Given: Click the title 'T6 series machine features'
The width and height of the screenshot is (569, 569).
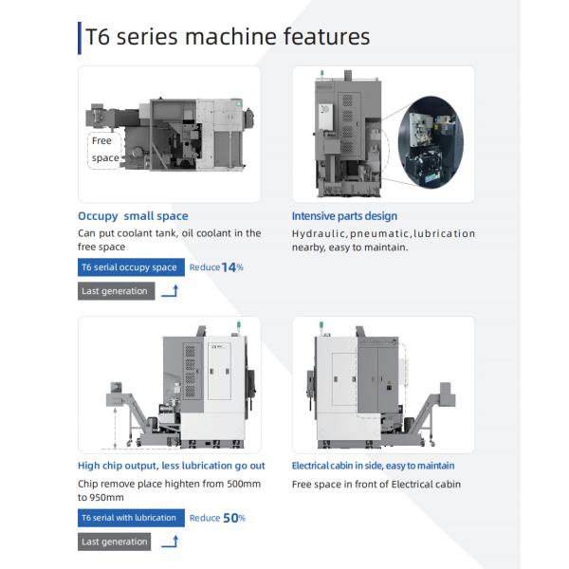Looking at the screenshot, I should point(228,37).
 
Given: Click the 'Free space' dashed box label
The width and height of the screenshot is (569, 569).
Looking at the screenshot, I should point(104,149).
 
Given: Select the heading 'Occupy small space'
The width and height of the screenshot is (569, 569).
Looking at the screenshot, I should point(133,216).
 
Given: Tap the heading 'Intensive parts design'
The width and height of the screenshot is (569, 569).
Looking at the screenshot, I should point(344,216).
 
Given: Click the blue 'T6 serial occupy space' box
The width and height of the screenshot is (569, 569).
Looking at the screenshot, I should point(130,267).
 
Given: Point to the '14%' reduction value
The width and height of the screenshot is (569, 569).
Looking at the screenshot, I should point(232,267).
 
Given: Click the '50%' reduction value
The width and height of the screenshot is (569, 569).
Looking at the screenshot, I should point(233,518).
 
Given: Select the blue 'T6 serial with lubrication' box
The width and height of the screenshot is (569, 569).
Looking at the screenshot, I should point(130,518).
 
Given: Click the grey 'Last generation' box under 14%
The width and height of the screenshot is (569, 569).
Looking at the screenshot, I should point(115,291).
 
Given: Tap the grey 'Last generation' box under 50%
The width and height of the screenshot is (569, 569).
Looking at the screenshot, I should point(115,541).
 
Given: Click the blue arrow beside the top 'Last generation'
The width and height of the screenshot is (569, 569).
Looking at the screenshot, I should point(170,291).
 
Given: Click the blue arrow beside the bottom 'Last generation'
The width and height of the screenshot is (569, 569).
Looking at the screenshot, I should point(170,541).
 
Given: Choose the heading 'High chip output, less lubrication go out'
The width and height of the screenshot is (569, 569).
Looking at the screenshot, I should point(172,466).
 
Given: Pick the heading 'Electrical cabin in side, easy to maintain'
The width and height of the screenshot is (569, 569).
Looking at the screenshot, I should point(373,466).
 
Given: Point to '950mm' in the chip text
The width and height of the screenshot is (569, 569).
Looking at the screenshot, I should point(107,497).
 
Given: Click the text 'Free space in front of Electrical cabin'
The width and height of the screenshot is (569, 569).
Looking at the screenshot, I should point(376,484).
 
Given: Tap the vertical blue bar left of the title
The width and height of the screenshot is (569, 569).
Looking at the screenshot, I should point(80,37).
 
